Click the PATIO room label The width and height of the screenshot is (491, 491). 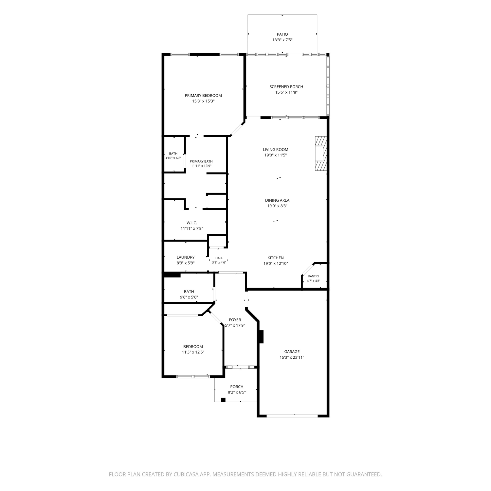pos(282,34)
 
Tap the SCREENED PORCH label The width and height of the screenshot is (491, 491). pos(286,87)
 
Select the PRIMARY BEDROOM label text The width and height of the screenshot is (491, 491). pos(203,96)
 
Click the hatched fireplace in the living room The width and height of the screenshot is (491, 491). pos(321,154)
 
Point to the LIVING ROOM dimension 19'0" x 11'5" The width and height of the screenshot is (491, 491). pos(276,155)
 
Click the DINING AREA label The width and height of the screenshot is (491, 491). pos(277,200)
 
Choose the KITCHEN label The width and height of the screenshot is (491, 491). pos(276,258)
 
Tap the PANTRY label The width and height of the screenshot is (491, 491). pos(314,276)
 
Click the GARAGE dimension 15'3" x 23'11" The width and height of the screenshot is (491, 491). pos(292,357)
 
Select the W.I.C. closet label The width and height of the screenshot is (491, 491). pos(192,223)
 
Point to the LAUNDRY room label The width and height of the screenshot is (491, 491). pos(186,257)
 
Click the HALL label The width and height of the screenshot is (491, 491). pos(219,258)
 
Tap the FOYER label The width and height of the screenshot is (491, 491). pos(235,320)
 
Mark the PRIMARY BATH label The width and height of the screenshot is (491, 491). pos(201,161)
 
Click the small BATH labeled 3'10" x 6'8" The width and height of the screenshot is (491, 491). pos(173,154)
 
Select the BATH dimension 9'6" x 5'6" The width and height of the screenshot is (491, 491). pos(189,297)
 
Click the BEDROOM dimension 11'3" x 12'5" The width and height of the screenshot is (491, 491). pos(193,352)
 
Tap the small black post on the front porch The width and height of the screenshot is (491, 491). pos(223,399)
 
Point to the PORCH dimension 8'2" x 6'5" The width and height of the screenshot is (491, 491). pos(237,392)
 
